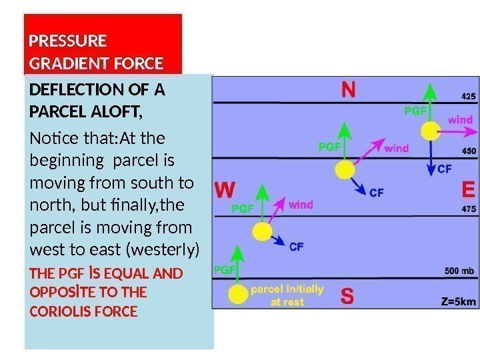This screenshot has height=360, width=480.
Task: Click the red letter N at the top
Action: (349, 90)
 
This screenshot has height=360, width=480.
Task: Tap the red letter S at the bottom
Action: (347, 296)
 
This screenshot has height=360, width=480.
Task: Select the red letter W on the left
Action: (224, 191)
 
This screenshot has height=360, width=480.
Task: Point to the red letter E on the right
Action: (469, 191)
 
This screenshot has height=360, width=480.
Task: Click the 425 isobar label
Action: (468, 97)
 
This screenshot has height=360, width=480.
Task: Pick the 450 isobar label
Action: (469, 151)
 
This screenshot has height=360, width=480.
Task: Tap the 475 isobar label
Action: (469, 209)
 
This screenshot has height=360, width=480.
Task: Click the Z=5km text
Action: (459, 301)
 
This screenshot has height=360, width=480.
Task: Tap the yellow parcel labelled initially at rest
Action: (237, 294)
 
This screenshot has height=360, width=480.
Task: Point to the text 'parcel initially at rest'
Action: (287, 295)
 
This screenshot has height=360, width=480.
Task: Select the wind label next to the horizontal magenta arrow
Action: (460, 120)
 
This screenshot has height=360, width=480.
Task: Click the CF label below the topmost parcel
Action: (445, 169)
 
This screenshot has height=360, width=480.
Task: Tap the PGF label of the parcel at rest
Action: (223, 269)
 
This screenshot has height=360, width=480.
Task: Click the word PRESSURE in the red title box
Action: (68, 41)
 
